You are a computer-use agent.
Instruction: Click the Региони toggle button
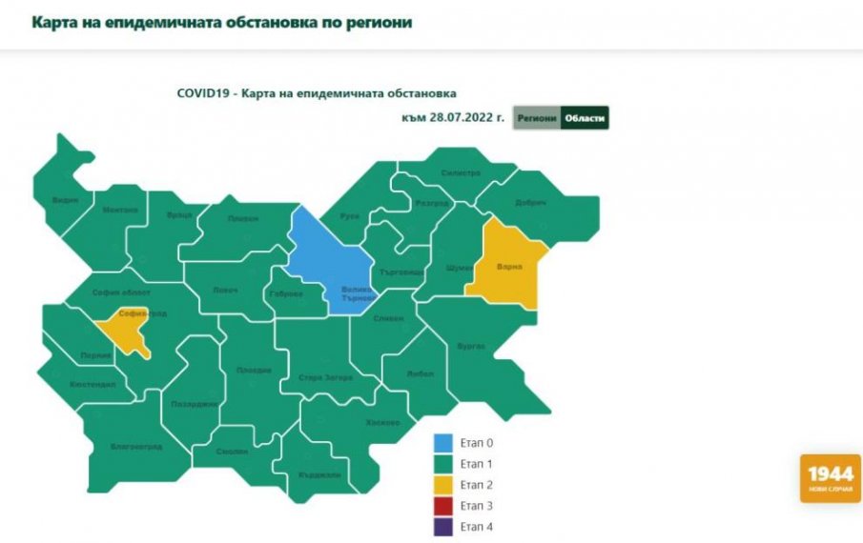point(536,118)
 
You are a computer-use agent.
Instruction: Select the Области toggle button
point(584,118)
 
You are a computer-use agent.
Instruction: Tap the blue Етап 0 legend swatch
point(443,443)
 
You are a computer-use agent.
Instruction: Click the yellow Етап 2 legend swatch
point(443,485)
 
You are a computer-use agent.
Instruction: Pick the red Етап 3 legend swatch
point(443,506)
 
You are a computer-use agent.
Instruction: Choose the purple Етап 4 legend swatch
point(443,527)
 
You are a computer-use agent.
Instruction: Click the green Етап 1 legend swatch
point(443,464)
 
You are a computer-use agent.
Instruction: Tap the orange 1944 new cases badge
point(830,477)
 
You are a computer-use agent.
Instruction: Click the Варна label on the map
point(510,267)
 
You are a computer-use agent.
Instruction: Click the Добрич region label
point(531,203)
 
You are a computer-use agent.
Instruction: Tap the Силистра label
point(461,173)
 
